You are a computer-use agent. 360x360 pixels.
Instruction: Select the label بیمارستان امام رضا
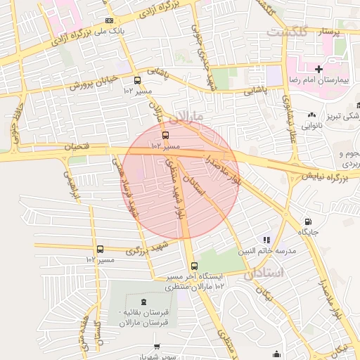point(322,81)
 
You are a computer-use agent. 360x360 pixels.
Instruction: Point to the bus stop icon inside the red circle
point(165,134)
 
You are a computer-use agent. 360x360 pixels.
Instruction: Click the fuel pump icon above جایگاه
point(308,220)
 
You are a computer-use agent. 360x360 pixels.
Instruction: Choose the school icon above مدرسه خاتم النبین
point(266,240)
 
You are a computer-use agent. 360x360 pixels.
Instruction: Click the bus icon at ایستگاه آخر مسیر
point(194,266)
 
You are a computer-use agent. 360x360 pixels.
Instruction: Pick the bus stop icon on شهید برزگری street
point(100,249)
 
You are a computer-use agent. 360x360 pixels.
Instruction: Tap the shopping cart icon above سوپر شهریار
point(156,347)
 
